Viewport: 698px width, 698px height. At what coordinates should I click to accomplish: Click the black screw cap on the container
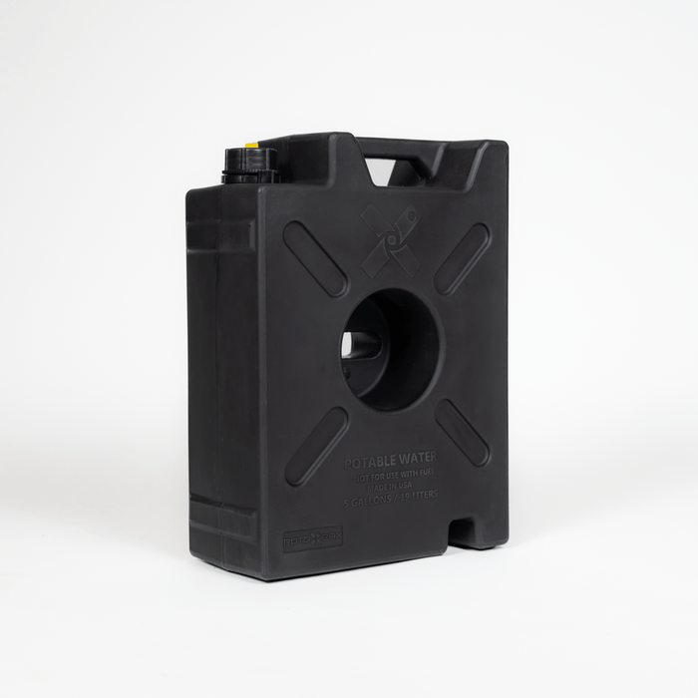pyautogui.click(x=249, y=166)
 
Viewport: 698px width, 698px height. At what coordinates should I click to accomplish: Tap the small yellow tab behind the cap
pyautogui.click(x=252, y=146)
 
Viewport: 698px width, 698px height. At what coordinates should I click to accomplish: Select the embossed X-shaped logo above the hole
pyautogui.click(x=390, y=240)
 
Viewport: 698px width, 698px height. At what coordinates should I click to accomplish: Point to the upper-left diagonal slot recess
pyautogui.click(x=315, y=258)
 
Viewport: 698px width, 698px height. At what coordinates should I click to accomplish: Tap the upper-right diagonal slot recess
pyautogui.click(x=462, y=257)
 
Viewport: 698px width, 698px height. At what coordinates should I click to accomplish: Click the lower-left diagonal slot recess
pyautogui.click(x=316, y=447)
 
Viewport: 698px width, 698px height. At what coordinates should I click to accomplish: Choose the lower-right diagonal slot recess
pyautogui.click(x=462, y=433)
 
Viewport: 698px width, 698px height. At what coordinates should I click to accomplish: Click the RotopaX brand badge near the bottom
pyautogui.click(x=312, y=538)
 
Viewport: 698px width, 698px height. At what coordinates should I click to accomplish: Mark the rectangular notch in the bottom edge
pyautogui.click(x=463, y=529)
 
